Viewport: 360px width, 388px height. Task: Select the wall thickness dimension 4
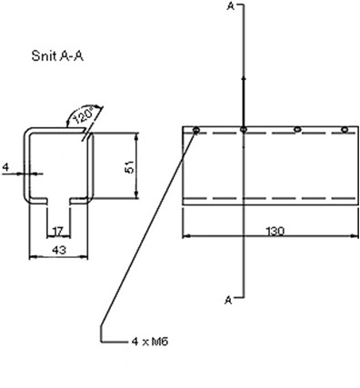pyautogui.click(x=5, y=167)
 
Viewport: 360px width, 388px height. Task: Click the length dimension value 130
pyautogui.click(x=274, y=231)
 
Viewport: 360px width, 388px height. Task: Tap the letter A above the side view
pyautogui.click(x=228, y=7)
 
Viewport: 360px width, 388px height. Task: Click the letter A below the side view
pyautogui.click(x=228, y=297)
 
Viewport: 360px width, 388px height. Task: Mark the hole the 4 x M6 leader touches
pyautogui.click(x=196, y=131)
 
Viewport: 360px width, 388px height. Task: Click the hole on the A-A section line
pyautogui.click(x=245, y=131)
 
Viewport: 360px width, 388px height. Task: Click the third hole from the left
pyautogui.click(x=296, y=131)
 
